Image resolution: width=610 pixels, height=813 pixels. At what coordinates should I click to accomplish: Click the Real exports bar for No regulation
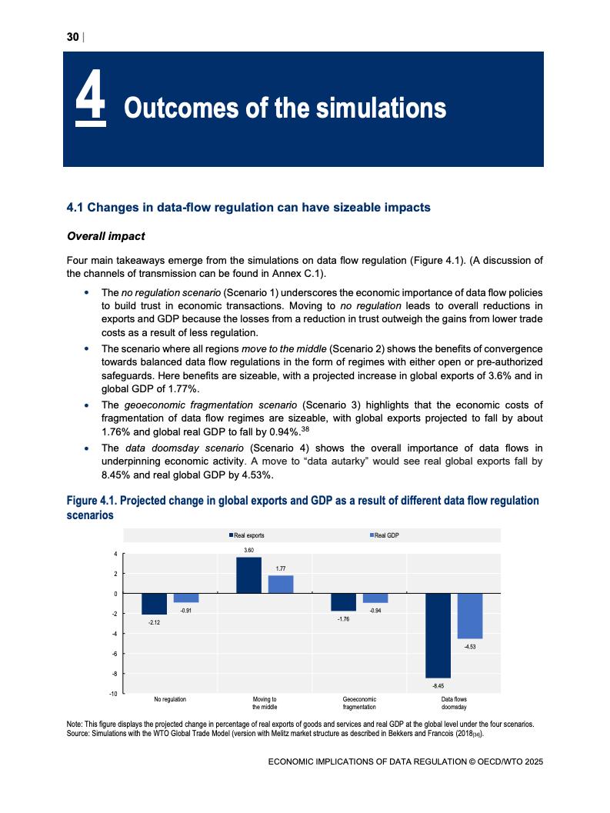[154, 604]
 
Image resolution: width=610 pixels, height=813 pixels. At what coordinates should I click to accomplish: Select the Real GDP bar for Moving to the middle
[280, 585]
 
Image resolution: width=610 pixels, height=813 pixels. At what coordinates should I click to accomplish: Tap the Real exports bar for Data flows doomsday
[438, 635]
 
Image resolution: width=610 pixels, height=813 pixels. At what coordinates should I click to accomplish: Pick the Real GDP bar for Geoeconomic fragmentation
[375, 598]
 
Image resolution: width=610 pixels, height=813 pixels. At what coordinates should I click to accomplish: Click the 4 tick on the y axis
[115, 554]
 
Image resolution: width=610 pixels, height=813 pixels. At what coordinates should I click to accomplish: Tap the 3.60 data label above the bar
[248, 550]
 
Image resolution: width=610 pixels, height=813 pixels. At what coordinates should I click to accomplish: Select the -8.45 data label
[438, 684]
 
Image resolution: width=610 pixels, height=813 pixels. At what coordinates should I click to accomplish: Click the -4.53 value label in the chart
[470, 646]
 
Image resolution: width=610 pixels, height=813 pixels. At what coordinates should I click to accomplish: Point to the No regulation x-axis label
[170, 699]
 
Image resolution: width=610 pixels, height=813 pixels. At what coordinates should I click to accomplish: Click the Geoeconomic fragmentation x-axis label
[359, 702]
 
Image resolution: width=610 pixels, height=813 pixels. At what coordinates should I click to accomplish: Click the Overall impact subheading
[106, 236]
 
